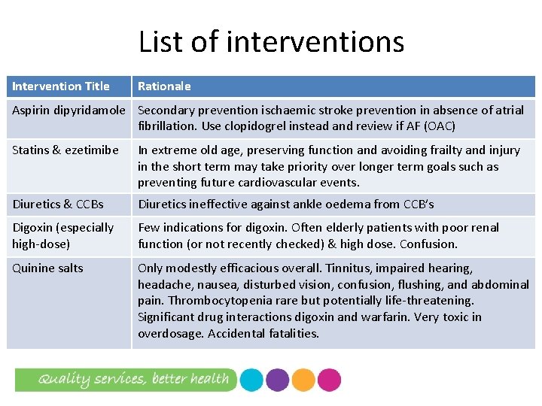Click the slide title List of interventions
pos(271,42)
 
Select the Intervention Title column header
pos(61,86)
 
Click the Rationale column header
pos(164,86)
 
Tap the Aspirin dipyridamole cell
pos(69,110)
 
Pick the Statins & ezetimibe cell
pos(65,150)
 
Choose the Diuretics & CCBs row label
pos(58,205)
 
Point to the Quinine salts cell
pos(47,268)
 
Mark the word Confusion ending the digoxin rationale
pos(431,244)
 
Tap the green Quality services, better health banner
pos(125,379)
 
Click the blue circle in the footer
pos(251,380)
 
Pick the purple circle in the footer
pos(277,380)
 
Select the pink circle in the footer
pos(329,380)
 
